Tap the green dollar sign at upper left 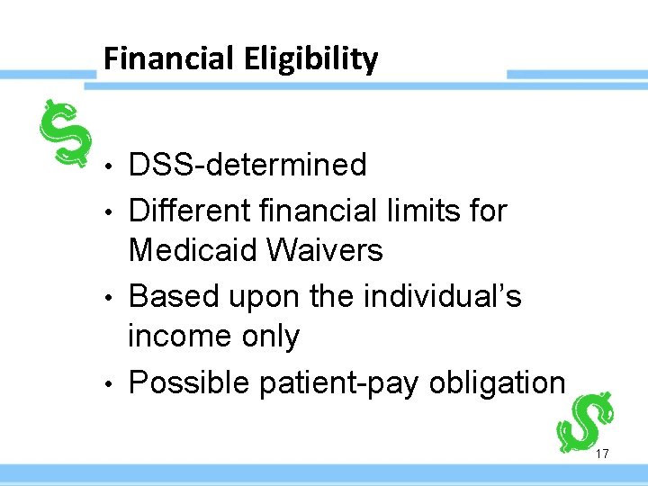pos(67,133)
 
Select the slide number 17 pos(602,454)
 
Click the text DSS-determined pos(247,166)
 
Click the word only pos(270,337)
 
